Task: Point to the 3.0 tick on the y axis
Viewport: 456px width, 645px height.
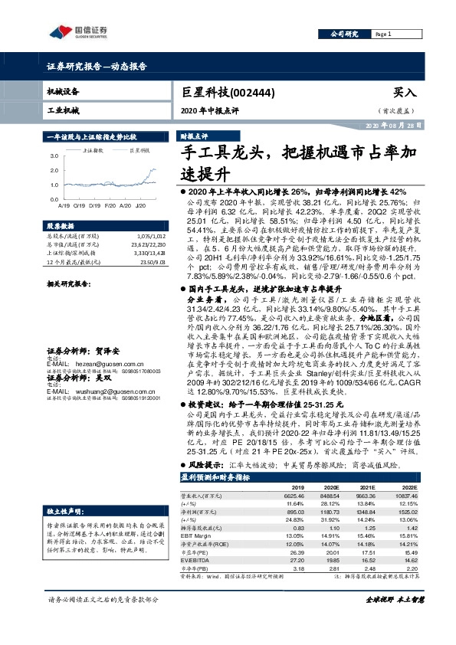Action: click(x=54, y=155)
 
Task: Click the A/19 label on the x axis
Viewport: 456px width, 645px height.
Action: click(x=64, y=205)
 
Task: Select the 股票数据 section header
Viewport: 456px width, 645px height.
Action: click(x=60, y=227)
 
